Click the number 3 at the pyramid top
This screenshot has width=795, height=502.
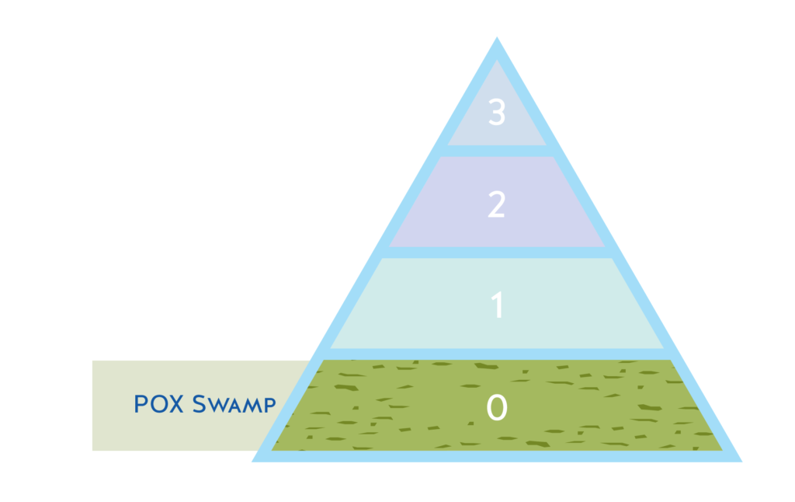tap(497, 113)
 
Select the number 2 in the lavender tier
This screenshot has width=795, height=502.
tap(497, 204)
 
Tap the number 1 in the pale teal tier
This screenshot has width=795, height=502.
tap(498, 305)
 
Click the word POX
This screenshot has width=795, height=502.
tap(160, 404)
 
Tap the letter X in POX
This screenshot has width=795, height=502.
tap(177, 404)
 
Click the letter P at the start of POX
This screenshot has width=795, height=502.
tap(141, 404)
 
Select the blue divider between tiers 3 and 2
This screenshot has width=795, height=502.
tap(497, 151)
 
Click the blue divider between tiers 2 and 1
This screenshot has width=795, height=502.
tap(497, 253)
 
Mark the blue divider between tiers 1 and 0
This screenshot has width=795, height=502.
tap(497, 354)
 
